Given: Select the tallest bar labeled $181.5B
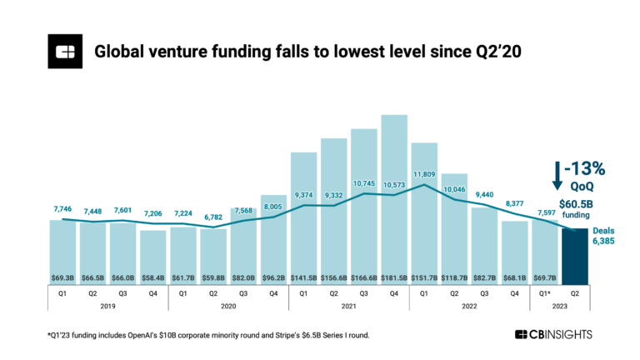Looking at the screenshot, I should click(x=394, y=200).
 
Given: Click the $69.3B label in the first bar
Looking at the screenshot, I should click(x=62, y=275).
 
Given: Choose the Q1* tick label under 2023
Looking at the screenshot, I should click(x=545, y=292).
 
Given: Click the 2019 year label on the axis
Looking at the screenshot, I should click(x=107, y=307).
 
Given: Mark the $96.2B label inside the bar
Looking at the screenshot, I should click(x=273, y=275).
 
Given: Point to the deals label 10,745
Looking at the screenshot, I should click(x=364, y=183).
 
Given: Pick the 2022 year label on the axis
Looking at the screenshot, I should click(x=469, y=307).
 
